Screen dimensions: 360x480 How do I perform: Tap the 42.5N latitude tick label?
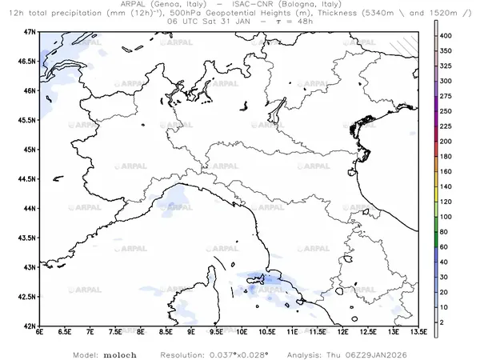click(x=29, y=297)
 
